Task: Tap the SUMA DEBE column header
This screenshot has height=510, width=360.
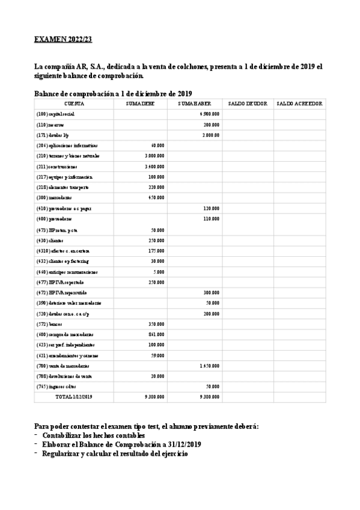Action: [x=140, y=103]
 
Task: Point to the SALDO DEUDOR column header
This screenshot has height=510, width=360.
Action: [x=248, y=103]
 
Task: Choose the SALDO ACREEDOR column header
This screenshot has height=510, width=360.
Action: [x=299, y=103]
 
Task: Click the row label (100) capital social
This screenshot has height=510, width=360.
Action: [x=56, y=114]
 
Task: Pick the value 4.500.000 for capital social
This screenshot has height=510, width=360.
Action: [x=210, y=114]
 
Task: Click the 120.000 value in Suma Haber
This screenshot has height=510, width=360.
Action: [x=212, y=208]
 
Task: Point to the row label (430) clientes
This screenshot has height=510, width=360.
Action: [x=49, y=239]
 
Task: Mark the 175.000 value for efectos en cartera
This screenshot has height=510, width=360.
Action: [x=156, y=250]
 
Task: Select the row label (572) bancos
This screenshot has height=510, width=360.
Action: [x=48, y=324]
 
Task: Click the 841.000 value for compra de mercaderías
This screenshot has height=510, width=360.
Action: [x=156, y=334]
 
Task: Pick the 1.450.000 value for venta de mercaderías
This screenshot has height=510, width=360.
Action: [x=210, y=365]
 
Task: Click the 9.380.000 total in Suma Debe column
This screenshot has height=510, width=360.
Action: [x=154, y=397]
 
